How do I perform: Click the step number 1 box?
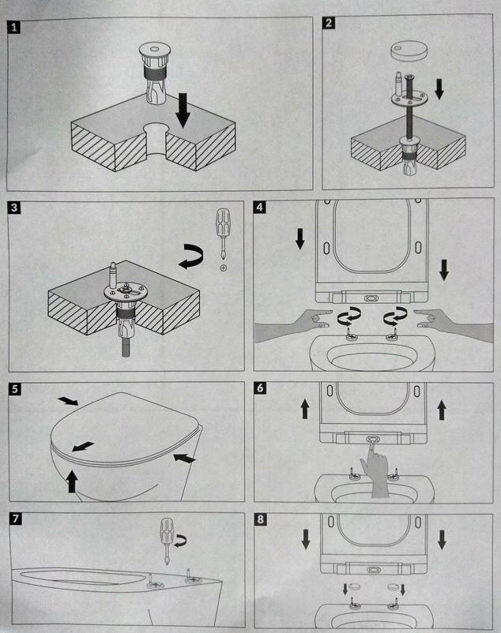pyautogui.click(x=14, y=28)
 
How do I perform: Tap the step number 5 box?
pyautogui.click(x=15, y=389)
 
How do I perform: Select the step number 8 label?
pyautogui.click(x=261, y=519)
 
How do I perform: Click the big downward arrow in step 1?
pyautogui.click(x=183, y=110)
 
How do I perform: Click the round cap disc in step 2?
pyautogui.click(x=408, y=50)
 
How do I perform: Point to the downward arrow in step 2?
pyautogui.click(x=439, y=89)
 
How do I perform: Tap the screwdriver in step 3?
pyautogui.click(x=222, y=234)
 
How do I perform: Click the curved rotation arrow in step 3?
pyautogui.click(x=191, y=256)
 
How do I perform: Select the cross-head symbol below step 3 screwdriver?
pyautogui.click(x=223, y=268)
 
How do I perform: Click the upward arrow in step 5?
pyautogui.click(x=73, y=481)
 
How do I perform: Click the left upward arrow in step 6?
pyautogui.click(x=305, y=409)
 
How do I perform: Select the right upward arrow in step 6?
pyautogui.click(x=442, y=410)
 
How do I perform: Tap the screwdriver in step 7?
pyautogui.click(x=167, y=541)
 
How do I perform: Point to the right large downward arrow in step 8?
pyautogui.click(x=442, y=540)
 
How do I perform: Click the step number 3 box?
pyautogui.click(x=14, y=208)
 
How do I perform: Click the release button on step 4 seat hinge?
pyautogui.click(x=371, y=298)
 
